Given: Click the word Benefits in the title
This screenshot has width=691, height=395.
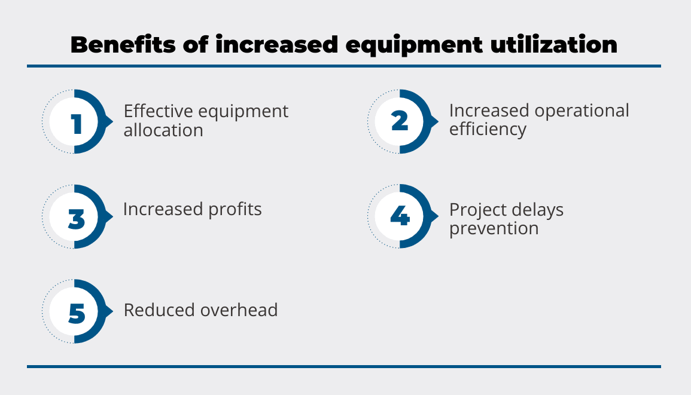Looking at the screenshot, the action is tap(123, 44).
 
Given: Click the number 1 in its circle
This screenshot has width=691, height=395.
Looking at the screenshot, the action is tap(77, 124).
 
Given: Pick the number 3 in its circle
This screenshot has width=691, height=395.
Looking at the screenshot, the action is tap(76, 219).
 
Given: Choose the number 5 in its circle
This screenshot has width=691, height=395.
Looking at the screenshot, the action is tap(77, 314).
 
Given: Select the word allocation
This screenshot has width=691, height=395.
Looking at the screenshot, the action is tap(163, 130).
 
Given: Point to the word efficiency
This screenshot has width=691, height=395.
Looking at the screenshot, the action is tap(488, 130).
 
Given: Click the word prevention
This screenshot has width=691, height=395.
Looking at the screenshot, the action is tap(494, 229).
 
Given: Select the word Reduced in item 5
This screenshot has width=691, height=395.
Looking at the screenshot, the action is tap(159, 310).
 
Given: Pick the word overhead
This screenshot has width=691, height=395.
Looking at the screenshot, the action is tap(239, 310).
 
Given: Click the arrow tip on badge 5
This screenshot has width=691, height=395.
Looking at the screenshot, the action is tap(113, 311).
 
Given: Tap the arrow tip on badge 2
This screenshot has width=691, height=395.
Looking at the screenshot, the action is tap(439, 121).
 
